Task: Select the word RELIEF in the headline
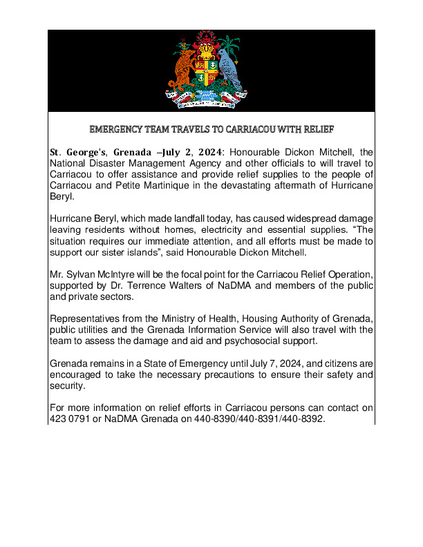316,129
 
